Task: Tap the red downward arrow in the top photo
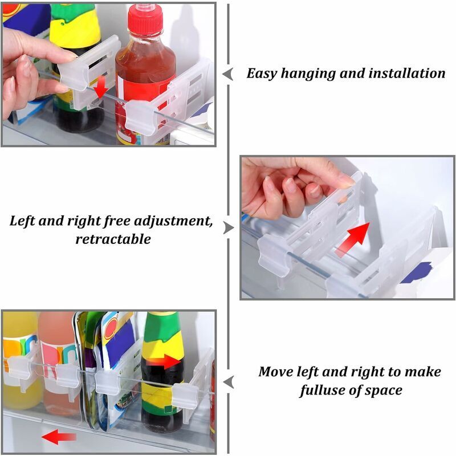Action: (x=101, y=87)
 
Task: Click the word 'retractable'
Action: (x=113, y=239)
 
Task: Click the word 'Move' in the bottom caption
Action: (x=275, y=372)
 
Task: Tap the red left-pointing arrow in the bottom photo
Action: (x=59, y=437)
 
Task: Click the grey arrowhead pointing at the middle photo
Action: (x=229, y=227)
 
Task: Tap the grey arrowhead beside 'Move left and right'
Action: (x=228, y=381)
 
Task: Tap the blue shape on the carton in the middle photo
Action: (x=417, y=272)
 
